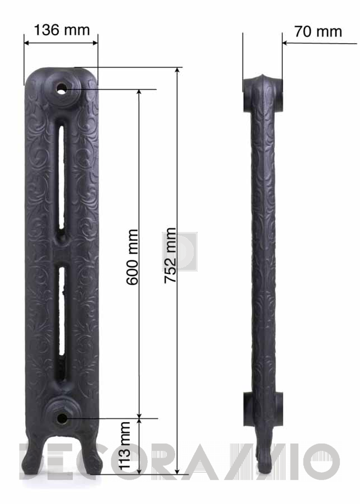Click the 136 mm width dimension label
click(x=62, y=30)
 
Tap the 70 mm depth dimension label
click(x=318, y=31)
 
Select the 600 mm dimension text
click(x=132, y=257)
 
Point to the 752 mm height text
click(x=170, y=255)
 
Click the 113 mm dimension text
click(x=124, y=446)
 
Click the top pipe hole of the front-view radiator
click(x=61, y=88)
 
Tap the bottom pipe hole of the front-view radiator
click(x=62, y=418)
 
